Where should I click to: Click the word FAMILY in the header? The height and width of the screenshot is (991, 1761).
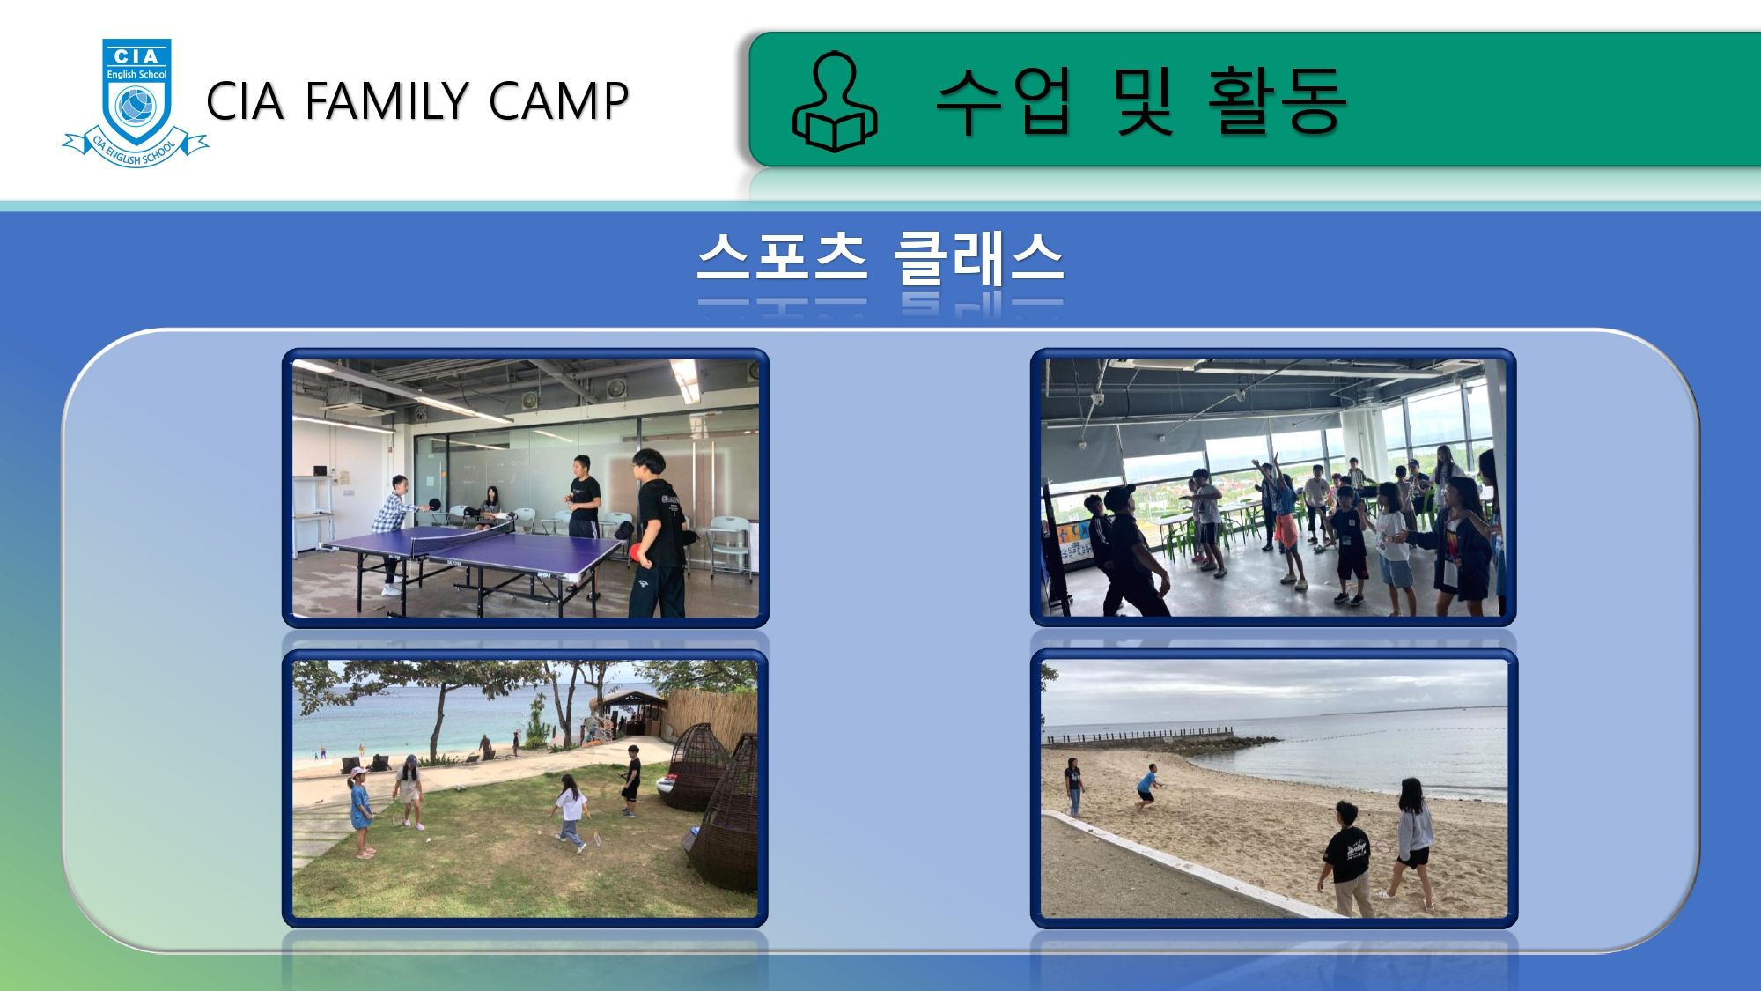[387, 100]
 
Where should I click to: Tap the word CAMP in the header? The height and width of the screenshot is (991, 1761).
[558, 100]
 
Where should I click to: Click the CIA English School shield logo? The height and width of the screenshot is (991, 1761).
[136, 102]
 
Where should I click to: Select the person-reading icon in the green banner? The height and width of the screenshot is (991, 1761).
[835, 101]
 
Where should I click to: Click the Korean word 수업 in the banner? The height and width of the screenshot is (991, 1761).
[1004, 100]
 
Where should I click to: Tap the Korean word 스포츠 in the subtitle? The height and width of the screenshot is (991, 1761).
[783, 256]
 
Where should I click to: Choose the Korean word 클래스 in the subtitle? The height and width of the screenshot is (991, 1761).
[978, 257]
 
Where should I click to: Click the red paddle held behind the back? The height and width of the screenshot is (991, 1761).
[637, 552]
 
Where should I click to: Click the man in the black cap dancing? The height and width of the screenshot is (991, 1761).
[1129, 550]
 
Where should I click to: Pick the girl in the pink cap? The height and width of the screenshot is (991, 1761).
[361, 811]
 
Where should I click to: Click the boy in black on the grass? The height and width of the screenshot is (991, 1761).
[631, 780]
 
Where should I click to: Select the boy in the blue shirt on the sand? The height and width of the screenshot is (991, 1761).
[1146, 787]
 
